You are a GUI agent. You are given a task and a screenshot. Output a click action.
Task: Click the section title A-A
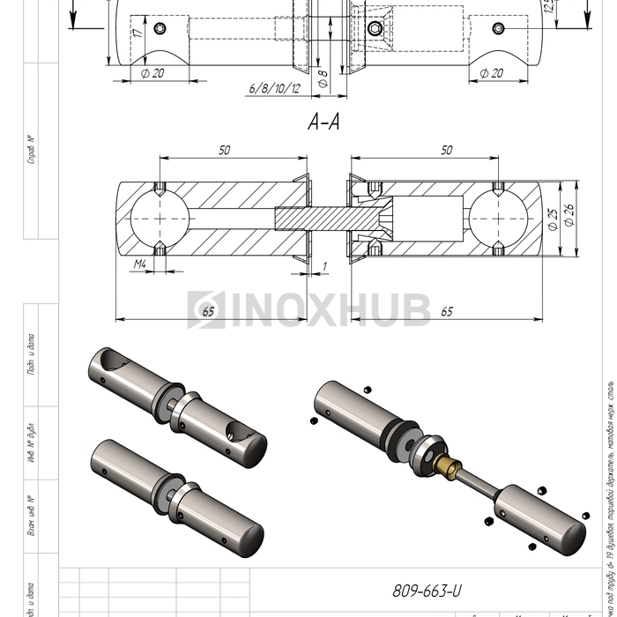[323, 123]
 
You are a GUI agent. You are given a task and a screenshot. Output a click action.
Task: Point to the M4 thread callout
[140, 264]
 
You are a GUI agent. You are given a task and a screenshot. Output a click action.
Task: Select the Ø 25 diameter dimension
[554, 220]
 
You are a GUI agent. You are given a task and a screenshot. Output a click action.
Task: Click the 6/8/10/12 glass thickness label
[275, 89]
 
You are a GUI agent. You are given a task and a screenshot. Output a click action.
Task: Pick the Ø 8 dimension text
[323, 77]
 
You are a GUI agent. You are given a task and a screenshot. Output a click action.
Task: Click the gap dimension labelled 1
[324, 264]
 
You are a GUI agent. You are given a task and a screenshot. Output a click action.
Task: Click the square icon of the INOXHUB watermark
[206, 309]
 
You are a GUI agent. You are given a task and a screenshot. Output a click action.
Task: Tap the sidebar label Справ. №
[31, 150]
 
